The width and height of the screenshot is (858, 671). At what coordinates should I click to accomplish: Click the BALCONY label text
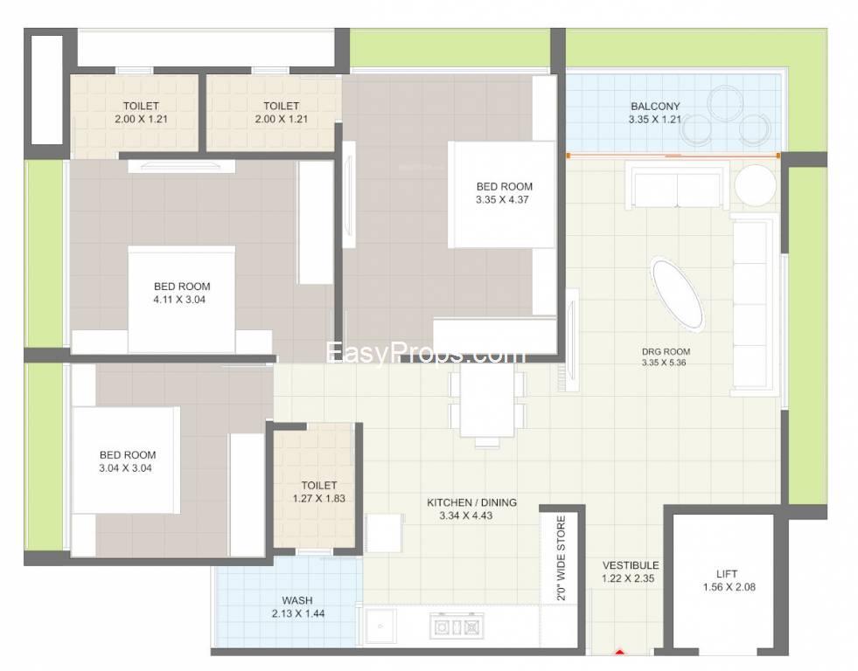pos(655,107)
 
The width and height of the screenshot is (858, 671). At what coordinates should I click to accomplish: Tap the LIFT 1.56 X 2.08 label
pos(729,580)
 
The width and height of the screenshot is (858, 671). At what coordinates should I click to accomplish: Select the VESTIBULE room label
pos(631,565)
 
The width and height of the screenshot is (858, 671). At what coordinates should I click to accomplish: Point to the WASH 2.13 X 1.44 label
pos(297,606)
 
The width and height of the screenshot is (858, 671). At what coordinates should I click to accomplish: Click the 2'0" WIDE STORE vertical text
pos(562,558)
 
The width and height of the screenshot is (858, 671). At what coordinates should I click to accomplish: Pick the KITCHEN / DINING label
pos(471,502)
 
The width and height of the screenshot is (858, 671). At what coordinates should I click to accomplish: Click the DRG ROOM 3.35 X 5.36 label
pos(665,356)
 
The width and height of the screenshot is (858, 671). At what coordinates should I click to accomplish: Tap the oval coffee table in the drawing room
pos(678,295)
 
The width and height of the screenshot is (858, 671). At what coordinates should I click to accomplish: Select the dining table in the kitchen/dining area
pos(486,401)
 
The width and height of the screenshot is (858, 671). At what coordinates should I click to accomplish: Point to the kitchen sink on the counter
pos(380,626)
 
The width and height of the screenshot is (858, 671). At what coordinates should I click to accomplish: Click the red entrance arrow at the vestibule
pos(619,651)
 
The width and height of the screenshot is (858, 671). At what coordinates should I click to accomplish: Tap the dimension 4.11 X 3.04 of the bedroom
pos(179,300)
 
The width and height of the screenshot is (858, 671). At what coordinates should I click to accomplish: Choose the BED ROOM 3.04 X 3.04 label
pos(127,461)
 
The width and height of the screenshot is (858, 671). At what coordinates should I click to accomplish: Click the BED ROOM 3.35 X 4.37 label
pos(504,193)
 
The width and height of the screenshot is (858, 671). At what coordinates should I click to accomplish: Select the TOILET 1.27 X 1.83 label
pos(318,491)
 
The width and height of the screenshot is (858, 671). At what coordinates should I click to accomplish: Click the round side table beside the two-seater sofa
pos(755,184)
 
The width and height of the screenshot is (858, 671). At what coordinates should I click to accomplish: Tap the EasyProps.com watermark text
pos(426,352)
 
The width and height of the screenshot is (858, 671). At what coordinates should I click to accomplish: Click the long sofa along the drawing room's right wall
pos(755,304)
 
